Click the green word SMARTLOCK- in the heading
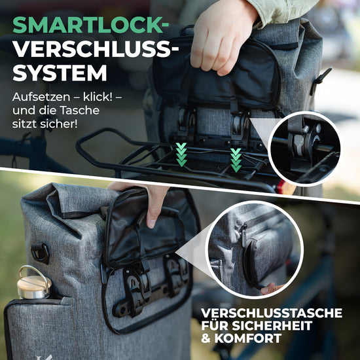(x=91, y=25)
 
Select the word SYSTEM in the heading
(x=60, y=73)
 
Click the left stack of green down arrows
(x=181, y=154)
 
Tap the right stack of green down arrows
(x=236, y=160)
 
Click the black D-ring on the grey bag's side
(x=41, y=253)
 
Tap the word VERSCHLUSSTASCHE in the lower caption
(x=272, y=313)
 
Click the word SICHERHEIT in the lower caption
(x=272, y=325)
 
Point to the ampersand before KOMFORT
(x=206, y=338)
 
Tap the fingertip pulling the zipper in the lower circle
(x=271, y=289)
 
